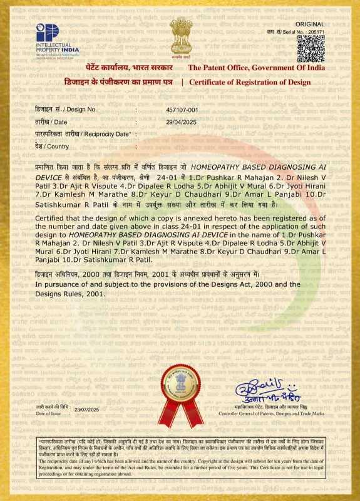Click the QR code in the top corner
point(311,48)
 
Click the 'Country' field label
point(52,147)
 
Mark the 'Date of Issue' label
point(49,414)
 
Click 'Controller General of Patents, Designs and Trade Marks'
point(271,414)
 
